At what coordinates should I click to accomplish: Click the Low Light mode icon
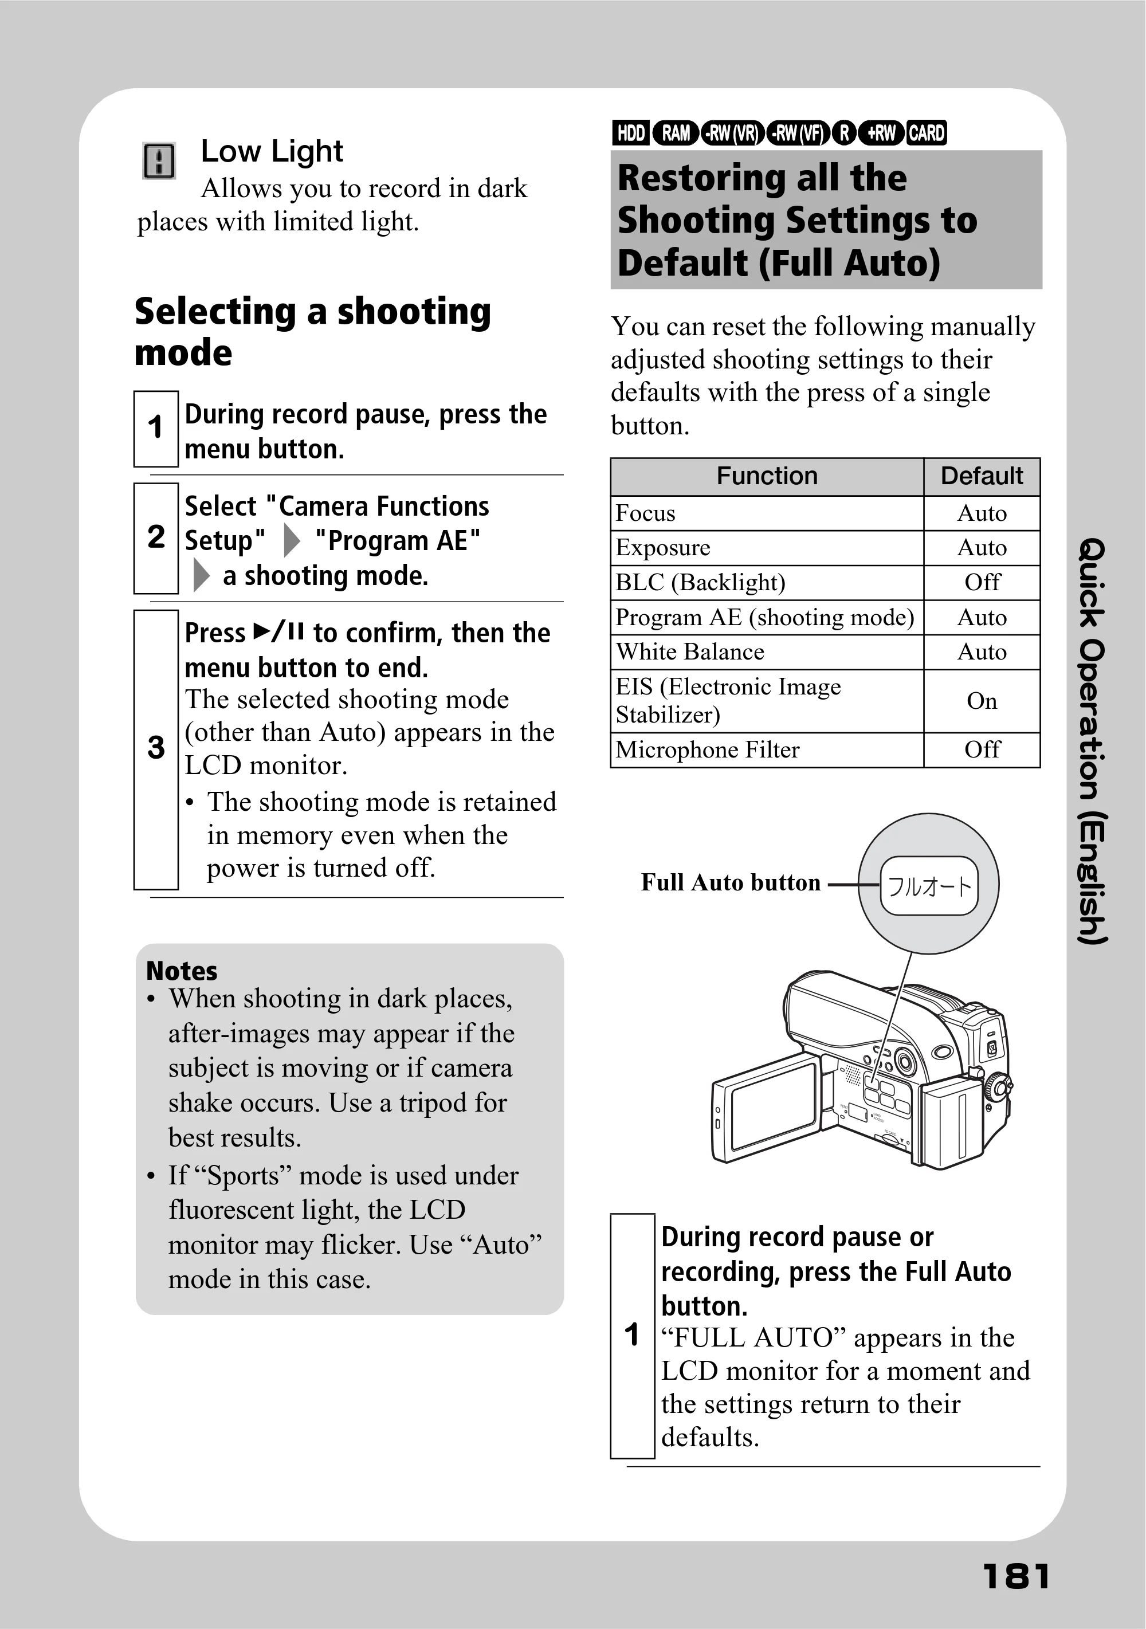[159, 160]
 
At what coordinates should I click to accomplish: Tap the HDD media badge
[630, 133]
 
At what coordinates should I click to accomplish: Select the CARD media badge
[926, 133]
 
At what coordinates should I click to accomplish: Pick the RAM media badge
[676, 133]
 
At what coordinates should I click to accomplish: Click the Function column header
[767, 476]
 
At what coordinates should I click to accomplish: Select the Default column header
[982, 476]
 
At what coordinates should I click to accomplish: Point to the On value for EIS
[982, 701]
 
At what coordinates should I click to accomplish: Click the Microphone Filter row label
[708, 750]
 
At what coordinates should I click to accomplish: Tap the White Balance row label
[690, 652]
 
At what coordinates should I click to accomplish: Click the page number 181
[1016, 1576]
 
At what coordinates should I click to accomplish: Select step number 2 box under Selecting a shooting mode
[156, 538]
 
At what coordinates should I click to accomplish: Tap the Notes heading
[182, 971]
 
